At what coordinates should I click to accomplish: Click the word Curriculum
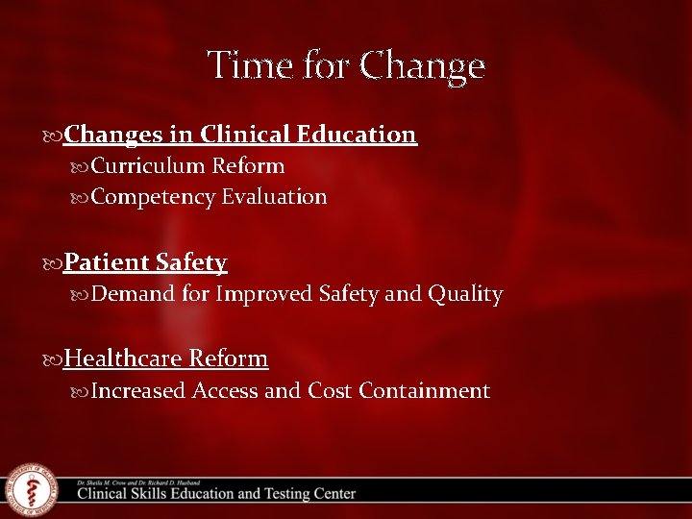pos(149,166)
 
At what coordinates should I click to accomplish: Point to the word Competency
pos(154,197)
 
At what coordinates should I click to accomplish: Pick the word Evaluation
pos(275,197)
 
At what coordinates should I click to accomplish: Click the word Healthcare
pos(123,358)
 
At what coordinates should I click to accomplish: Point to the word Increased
pos(138,390)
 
